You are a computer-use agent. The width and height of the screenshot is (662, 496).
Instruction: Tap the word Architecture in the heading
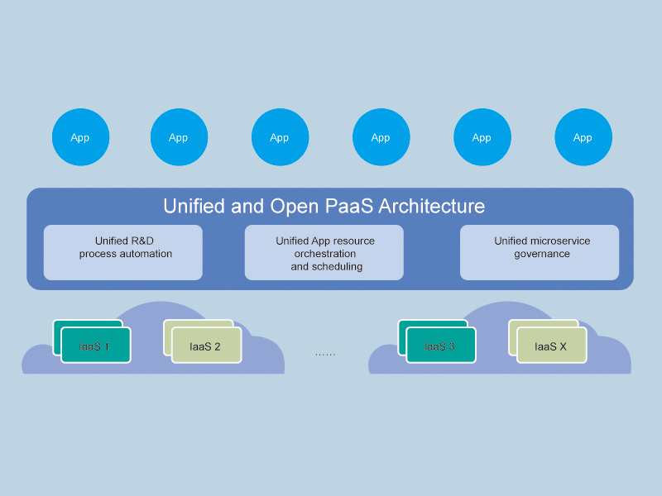pos(432,206)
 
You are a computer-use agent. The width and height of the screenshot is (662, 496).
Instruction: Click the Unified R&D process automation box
pos(123,252)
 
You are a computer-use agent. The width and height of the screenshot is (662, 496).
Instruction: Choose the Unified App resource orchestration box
pos(324,252)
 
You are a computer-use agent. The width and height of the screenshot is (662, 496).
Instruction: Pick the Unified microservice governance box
pos(540,252)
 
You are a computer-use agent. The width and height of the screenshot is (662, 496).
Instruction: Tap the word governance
pos(542,254)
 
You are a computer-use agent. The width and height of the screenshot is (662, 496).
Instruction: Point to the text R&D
pos(142,241)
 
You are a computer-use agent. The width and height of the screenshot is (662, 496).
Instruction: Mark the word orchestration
pos(325,254)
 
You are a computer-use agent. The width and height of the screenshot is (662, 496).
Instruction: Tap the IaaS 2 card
pos(206,346)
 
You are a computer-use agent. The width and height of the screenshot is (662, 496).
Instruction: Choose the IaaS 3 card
pos(440,346)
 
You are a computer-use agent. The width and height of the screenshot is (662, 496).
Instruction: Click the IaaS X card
pos(551,346)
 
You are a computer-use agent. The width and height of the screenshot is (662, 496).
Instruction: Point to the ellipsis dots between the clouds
pos(325,353)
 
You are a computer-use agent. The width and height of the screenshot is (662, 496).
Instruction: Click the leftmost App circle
pos(80,137)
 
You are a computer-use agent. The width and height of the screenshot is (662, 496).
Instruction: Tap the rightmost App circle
pos(583,137)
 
